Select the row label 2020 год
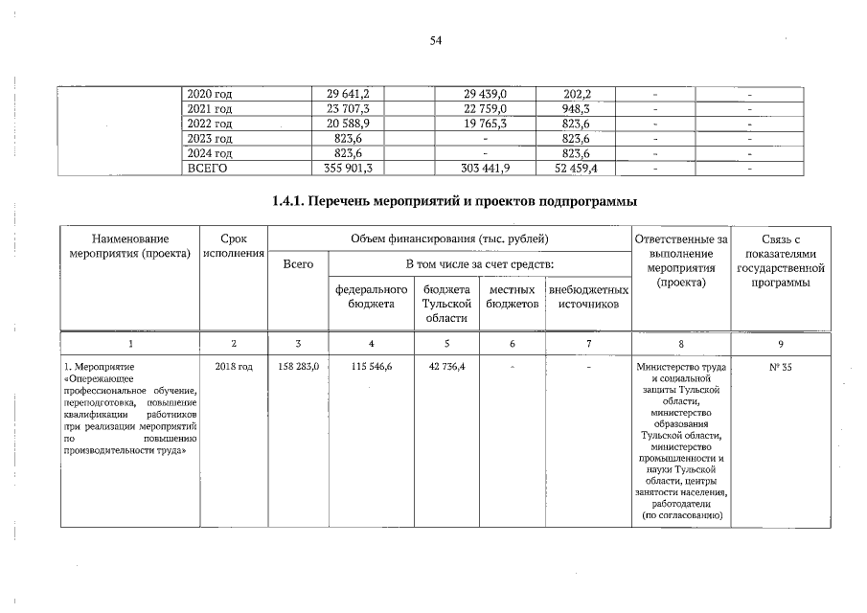pos(210,94)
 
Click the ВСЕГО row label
pos(210,168)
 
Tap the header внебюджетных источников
pos(587,296)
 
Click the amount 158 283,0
pos(298,366)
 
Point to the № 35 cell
pos(783,366)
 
